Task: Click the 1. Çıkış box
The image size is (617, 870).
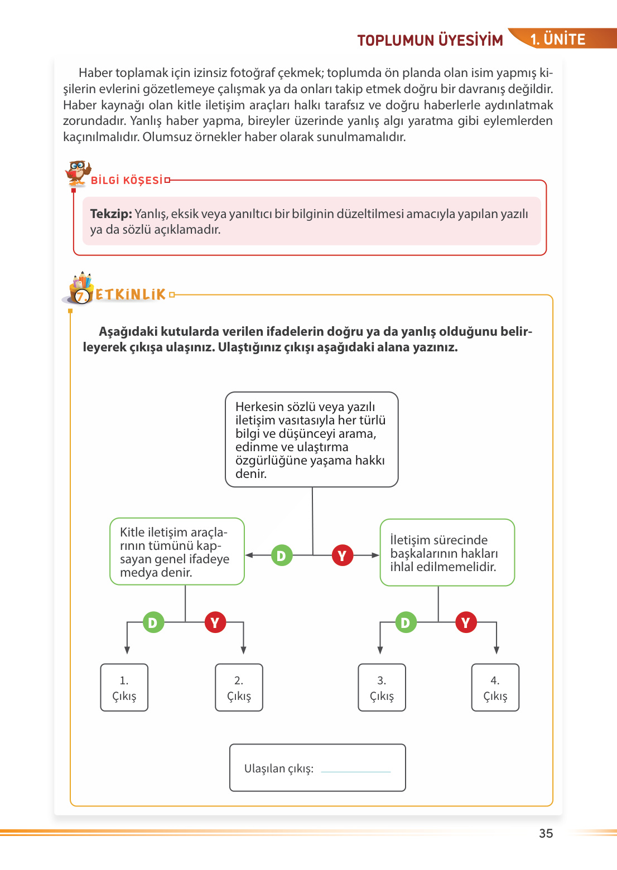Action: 124,687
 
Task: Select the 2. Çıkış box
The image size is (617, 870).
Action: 239,687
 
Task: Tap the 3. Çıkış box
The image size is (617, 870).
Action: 382,687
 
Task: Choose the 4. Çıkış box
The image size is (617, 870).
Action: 495,687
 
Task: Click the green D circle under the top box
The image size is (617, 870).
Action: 281,555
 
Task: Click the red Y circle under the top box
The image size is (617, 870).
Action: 343,555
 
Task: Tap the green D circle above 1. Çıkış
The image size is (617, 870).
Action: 153,622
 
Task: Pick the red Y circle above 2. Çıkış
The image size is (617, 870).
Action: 215,622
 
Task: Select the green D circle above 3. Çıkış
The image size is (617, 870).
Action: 406,622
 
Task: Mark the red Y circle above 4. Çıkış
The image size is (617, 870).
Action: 466,622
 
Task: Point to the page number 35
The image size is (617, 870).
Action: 546,833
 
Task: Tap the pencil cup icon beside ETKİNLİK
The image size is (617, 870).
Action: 81,288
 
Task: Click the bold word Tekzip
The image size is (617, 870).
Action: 110,214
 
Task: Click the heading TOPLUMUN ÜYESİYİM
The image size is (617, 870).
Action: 430,40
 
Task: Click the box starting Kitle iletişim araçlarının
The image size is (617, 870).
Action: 177,552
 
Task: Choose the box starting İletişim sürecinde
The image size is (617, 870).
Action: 447,553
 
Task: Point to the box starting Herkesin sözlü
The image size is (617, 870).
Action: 311,439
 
